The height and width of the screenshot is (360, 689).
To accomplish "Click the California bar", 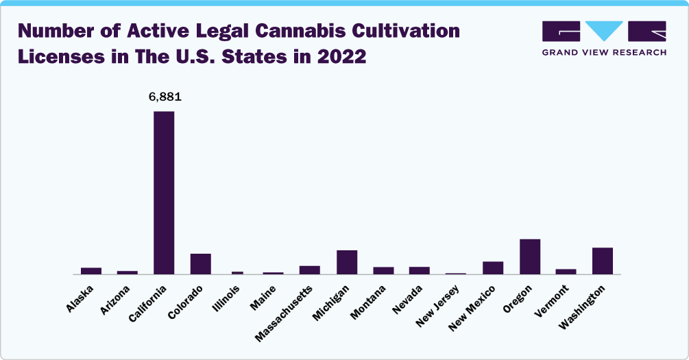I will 164,193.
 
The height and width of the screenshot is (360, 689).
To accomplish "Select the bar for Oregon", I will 530,256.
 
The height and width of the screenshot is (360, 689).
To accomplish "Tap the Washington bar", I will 603,261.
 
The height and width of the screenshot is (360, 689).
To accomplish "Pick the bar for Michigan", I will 347,262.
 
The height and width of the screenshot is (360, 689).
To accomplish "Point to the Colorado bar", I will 201,264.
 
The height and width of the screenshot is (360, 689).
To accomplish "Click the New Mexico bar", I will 493,267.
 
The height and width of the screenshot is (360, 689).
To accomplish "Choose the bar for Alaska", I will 91,271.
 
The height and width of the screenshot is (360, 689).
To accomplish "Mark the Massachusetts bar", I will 310,269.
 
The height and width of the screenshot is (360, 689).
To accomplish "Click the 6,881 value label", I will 165,98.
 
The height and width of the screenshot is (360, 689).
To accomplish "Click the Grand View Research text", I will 604,52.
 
